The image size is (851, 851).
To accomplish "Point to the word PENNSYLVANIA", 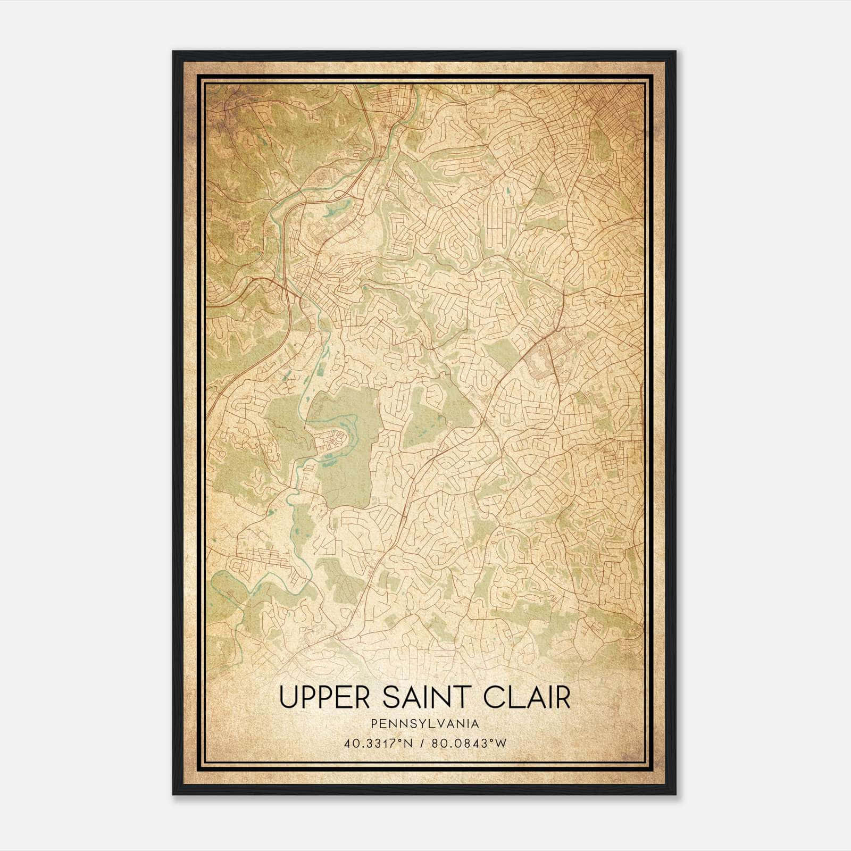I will coord(425,724).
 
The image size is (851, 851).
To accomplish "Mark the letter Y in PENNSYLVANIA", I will coord(416,724).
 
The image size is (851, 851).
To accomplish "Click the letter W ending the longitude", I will coord(499,743).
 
